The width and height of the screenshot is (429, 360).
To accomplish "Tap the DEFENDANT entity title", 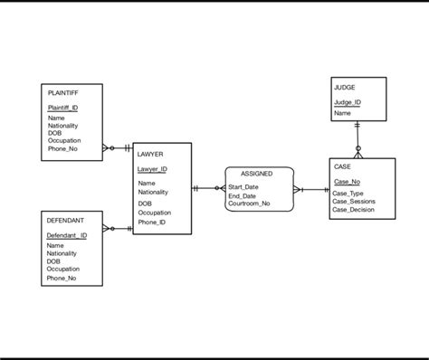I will [65, 221].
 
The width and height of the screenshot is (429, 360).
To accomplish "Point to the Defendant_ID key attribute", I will [66, 235].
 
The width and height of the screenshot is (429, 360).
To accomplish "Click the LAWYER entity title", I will [150, 155].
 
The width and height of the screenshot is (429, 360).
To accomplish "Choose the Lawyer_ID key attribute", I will [151, 169].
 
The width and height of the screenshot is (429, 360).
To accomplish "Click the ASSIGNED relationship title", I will [256, 173].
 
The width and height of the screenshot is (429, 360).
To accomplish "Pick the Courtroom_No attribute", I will [249, 204].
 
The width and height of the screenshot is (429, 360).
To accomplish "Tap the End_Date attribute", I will [242, 195].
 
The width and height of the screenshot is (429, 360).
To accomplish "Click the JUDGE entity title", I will [344, 88].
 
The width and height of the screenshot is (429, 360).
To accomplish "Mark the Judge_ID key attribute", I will [347, 102].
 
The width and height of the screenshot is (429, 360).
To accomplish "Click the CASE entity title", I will [342, 167].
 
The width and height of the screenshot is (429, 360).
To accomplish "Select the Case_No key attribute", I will [346, 182].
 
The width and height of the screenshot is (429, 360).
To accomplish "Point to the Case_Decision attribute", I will [353, 210].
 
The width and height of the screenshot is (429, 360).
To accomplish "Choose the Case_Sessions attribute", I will [353, 202].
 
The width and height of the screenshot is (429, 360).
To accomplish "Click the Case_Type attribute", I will [348, 194].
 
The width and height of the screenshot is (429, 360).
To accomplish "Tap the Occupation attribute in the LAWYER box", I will [154, 213].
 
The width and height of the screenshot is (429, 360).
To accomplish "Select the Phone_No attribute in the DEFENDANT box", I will [62, 278].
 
